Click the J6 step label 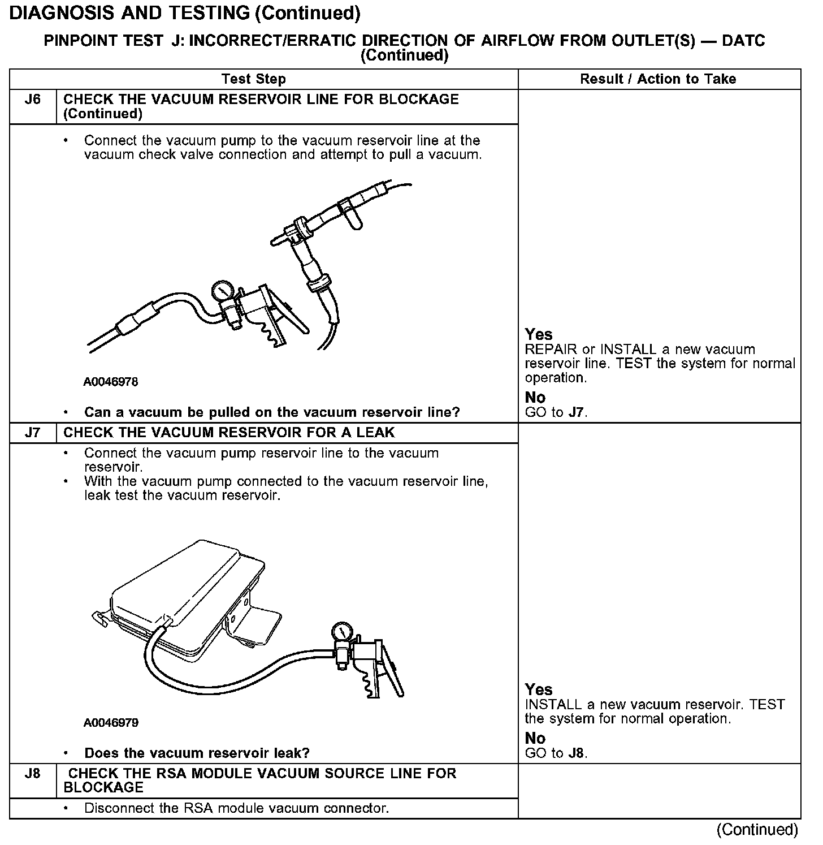click(x=33, y=100)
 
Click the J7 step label click(x=33, y=433)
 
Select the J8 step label click(x=33, y=774)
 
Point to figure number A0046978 click(x=111, y=382)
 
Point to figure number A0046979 click(x=111, y=723)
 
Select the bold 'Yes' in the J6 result click(x=538, y=334)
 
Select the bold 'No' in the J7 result click(x=535, y=738)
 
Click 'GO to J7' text click(x=556, y=412)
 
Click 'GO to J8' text click(x=556, y=753)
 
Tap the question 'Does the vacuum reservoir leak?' click(x=197, y=753)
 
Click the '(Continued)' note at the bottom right click(x=757, y=830)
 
